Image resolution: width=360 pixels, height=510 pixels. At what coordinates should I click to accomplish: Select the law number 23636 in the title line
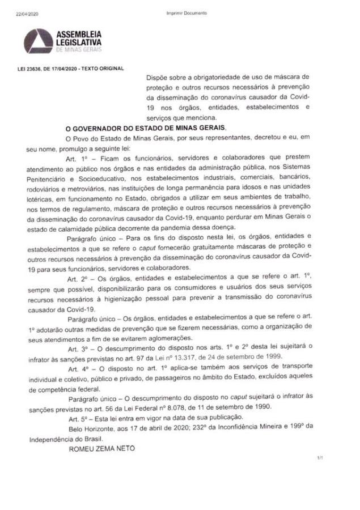click(x=31, y=69)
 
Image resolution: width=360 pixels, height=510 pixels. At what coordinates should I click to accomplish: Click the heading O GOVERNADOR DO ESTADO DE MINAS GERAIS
click(x=146, y=129)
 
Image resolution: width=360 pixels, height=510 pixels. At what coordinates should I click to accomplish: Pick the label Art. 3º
click(x=78, y=346)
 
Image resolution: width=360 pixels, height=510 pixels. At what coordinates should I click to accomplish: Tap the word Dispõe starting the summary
click(x=159, y=75)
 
